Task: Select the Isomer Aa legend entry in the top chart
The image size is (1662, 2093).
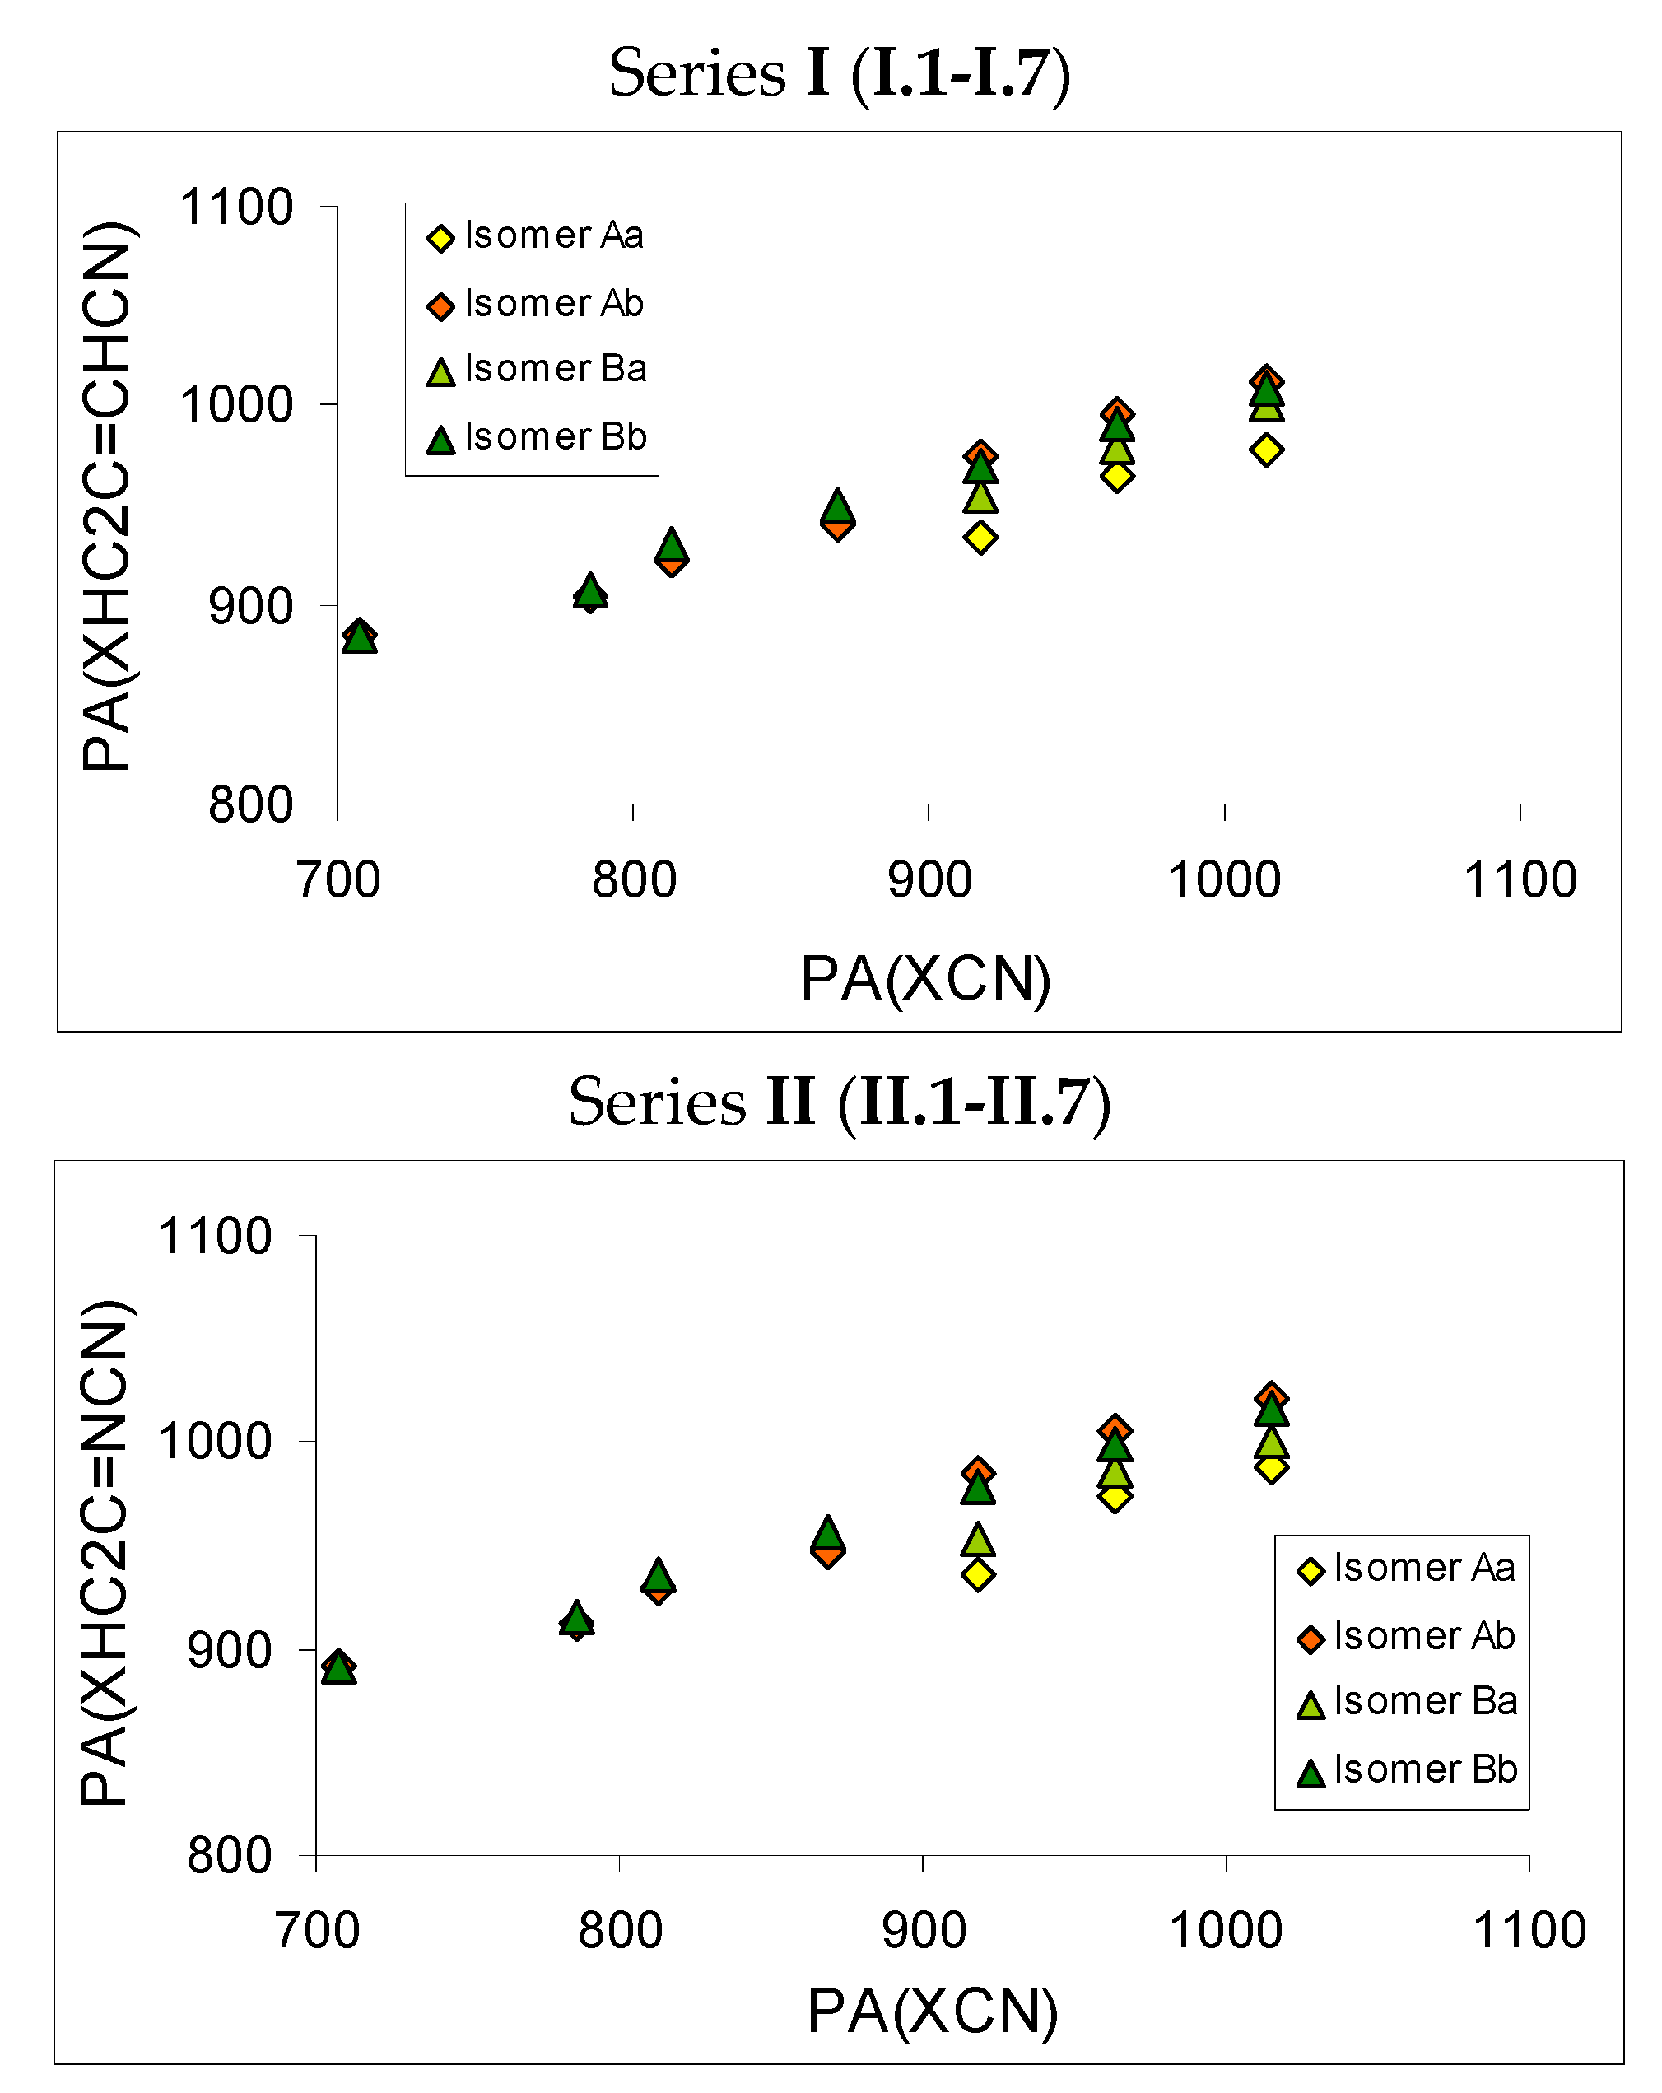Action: (x=535, y=236)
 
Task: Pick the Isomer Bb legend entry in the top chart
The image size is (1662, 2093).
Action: (x=537, y=438)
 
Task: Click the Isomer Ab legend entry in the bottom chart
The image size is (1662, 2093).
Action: (x=1404, y=1637)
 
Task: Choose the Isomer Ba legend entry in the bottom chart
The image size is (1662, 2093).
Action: (x=1407, y=1702)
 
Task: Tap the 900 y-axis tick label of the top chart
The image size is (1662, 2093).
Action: (x=249, y=607)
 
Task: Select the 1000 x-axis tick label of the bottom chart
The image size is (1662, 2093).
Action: (x=1225, y=1930)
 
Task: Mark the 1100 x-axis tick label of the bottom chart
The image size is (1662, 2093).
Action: (x=1529, y=1930)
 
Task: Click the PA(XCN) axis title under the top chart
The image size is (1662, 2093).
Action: (x=925, y=978)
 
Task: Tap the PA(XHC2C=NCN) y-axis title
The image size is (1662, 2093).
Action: (x=105, y=1553)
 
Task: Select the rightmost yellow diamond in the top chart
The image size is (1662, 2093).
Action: (x=1266, y=450)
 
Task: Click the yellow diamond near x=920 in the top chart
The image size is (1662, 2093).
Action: (x=980, y=537)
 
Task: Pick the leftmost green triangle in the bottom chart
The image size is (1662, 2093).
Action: (x=338, y=1669)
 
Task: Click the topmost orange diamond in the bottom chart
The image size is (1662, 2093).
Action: (x=1271, y=1398)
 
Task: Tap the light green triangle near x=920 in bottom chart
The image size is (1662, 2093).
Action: (x=978, y=1540)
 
